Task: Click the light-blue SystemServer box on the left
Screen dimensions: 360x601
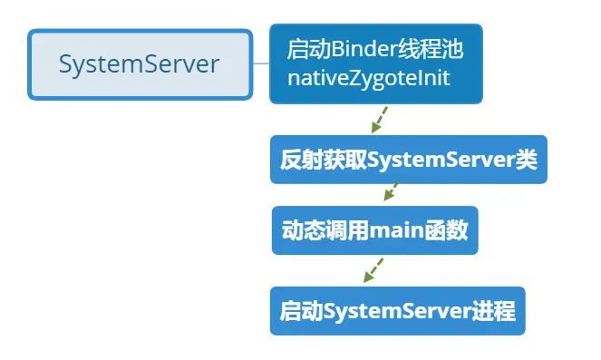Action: pos(139,64)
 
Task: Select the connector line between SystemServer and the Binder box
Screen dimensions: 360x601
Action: pos(261,63)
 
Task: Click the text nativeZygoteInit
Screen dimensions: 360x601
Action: pos(369,79)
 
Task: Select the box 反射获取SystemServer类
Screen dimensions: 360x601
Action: pos(408,160)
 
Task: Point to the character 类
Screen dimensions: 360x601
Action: pos(527,160)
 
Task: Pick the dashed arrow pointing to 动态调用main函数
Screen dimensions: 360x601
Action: pos(391,191)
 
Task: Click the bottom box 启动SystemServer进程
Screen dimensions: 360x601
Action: pos(397,311)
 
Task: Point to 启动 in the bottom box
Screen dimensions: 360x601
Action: pos(301,311)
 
